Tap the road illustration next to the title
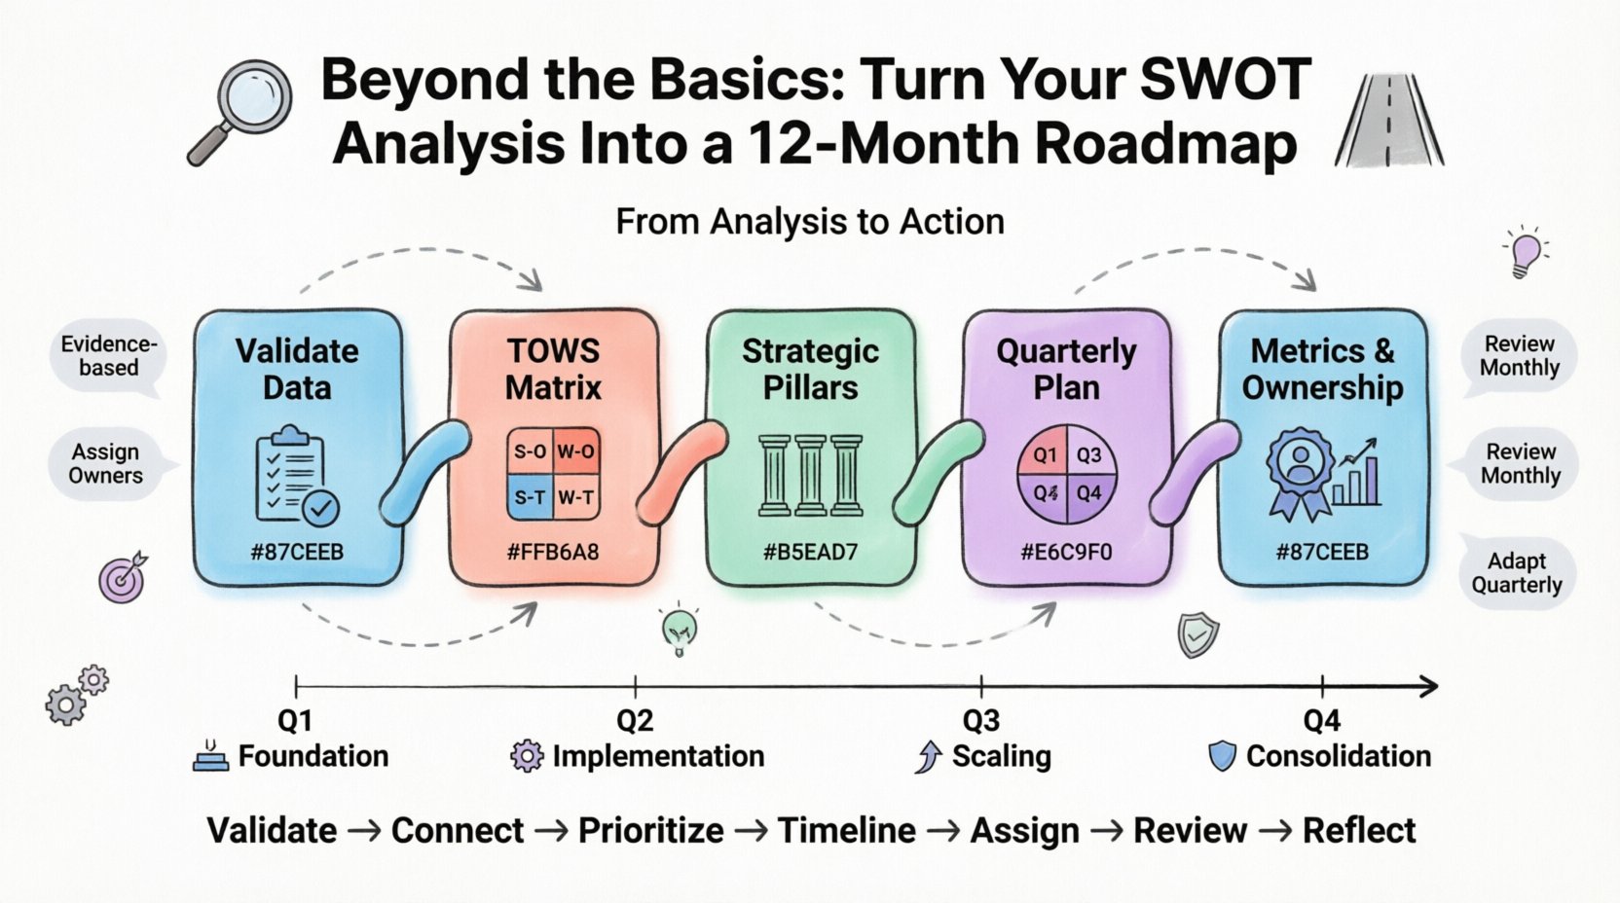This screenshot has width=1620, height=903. [x=1389, y=120]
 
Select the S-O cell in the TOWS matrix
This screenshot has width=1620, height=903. [x=530, y=451]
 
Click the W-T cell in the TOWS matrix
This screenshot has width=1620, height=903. [x=575, y=497]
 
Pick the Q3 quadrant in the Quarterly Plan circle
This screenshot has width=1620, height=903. [x=1088, y=454]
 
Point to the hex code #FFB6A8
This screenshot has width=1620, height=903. [x=553, y=553]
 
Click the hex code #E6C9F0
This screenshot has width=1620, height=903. [x=1066, y=553]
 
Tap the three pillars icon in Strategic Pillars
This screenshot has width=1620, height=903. [x=810, y=475]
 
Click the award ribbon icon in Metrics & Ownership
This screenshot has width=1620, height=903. [x=1299, y=474]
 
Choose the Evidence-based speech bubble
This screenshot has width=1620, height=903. [x=108, y=356]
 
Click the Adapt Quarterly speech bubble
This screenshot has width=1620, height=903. [x=1517, y=573]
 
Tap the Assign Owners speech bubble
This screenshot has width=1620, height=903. [x=106, y=464]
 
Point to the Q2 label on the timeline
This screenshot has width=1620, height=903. [x=635, y=721]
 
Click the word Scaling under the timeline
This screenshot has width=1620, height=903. [x=1001, y=756]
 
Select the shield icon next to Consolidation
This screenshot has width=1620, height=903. [x=1222, y=756]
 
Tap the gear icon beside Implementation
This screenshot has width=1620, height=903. [x=527, y=756]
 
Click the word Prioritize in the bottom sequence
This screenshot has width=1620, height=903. [x=650, y=831]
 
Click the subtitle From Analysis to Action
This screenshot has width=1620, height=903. [x=810, y=222]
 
